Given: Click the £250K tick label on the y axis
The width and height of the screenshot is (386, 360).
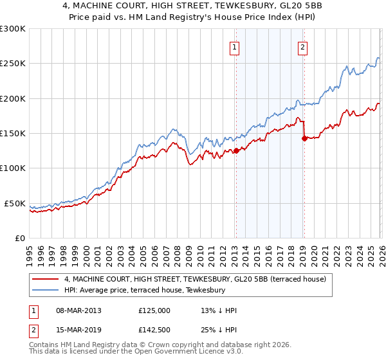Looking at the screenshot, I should [13, 64].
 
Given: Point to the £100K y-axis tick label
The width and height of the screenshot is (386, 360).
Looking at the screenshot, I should [13, 168].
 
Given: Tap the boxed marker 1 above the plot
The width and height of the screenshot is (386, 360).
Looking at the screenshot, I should [235, 46].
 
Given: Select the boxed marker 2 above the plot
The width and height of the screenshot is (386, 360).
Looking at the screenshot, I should [302, 46].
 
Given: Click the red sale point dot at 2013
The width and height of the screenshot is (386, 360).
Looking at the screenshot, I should [235, 151].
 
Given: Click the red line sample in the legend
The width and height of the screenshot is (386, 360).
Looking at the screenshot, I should [45, 279].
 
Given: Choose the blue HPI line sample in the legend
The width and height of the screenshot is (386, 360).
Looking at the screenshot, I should [45, 290].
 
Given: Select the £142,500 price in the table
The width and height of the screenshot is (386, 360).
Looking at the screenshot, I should [154, 330].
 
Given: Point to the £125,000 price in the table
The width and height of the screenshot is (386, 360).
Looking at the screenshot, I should [154, 311].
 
